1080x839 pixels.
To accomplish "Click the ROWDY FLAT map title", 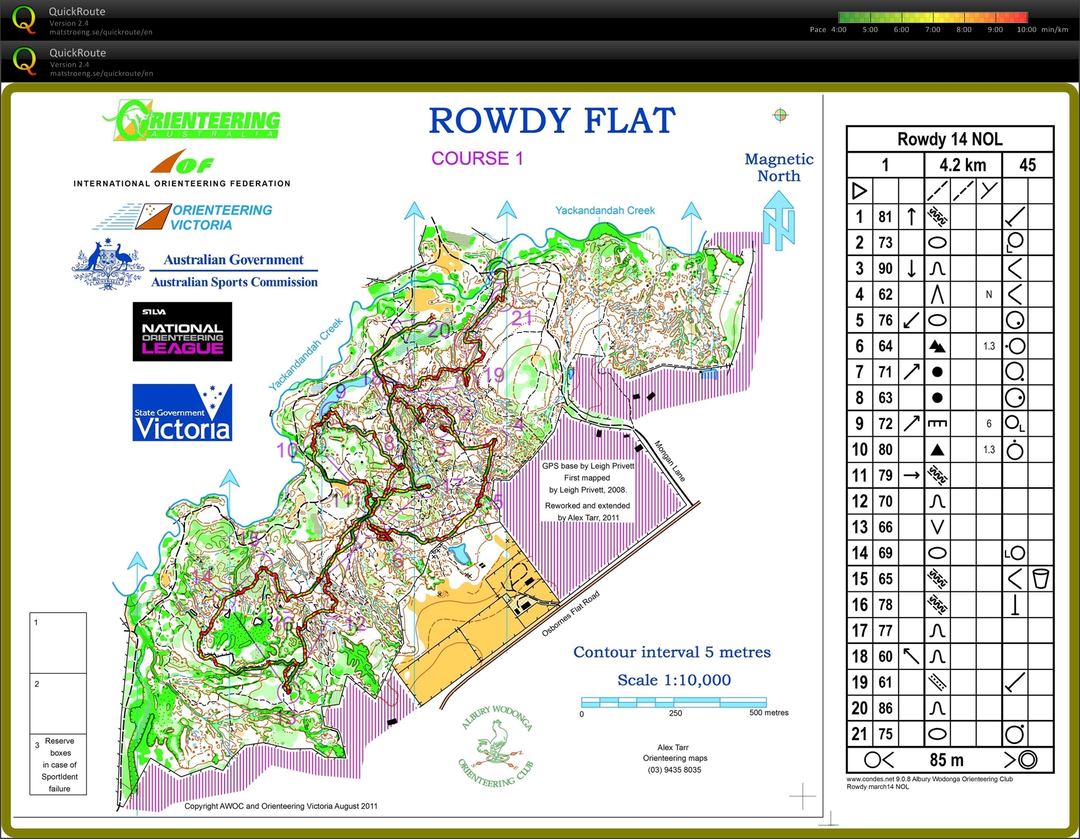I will [552, 121].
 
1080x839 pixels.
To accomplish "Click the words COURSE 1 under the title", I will [477, 158].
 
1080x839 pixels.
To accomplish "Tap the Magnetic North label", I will [778, 168].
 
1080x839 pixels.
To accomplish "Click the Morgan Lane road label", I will [670, 461].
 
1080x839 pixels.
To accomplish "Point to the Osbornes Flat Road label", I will [570, 614].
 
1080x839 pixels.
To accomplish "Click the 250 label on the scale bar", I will [675, 713].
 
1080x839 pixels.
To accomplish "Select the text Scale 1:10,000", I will [674, 680].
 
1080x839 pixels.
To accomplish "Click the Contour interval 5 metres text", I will [671, 652].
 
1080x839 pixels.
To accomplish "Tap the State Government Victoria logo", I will [182, 413].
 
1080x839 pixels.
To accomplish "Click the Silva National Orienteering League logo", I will [182, 332].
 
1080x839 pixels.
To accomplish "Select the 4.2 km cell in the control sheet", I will [962, 165].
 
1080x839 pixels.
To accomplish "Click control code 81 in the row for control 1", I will [885, 217].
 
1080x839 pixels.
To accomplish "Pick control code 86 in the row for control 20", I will [885, 708].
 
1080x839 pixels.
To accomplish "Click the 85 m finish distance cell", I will [946, 760].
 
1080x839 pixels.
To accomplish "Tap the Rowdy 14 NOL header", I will [950, 139].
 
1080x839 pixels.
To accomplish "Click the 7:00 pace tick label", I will [932, 29].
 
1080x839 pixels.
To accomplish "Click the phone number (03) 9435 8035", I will [675, 770].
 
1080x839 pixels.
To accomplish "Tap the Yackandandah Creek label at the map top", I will [604, 210].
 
